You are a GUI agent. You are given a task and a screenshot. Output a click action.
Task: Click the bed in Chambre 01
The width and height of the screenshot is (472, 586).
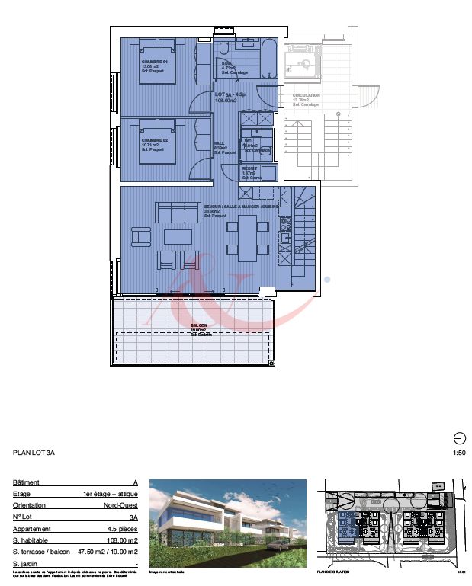click(x=158, y=66)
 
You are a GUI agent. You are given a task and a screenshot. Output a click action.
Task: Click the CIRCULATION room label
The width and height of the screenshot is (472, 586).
click(x=306, y=96)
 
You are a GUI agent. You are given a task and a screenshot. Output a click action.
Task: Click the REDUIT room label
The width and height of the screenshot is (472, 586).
click(x=249, y=168)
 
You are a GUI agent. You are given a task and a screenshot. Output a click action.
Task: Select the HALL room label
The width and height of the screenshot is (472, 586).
click(x=220, y=143)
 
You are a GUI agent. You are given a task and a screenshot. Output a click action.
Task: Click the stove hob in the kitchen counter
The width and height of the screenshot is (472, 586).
click(x=285, y=224)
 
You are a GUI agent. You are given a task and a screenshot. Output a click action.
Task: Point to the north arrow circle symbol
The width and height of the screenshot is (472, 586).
click(x=459, y=437)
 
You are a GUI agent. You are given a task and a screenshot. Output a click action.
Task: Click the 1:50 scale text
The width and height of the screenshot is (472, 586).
click(x=458, y=453)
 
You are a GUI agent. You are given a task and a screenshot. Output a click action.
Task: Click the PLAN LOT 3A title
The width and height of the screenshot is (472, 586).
click(x=34, y=453)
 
